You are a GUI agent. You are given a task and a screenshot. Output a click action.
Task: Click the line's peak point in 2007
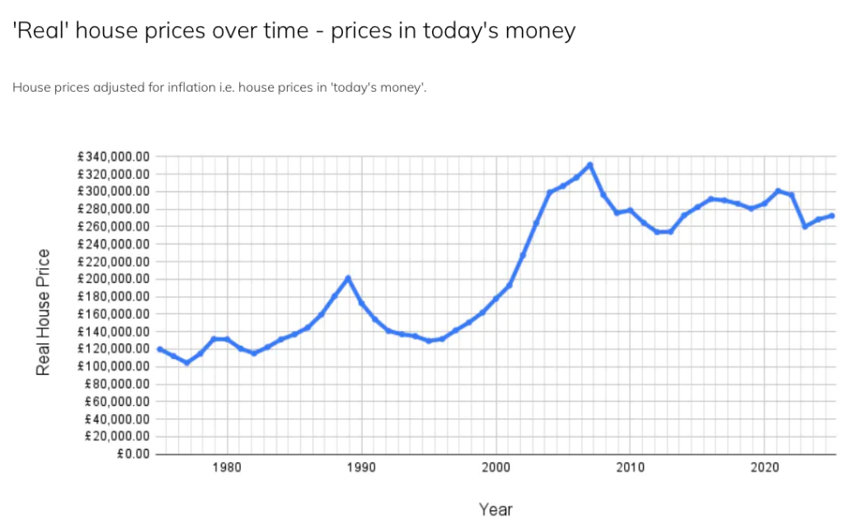pos(590,164)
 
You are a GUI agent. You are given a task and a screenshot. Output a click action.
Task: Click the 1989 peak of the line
pos(348,278)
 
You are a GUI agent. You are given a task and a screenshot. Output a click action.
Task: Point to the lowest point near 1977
pos(187,362)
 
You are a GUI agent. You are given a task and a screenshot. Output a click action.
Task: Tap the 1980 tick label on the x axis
pos(227,467)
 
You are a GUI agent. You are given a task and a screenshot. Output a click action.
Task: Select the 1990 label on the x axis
pos(361,467)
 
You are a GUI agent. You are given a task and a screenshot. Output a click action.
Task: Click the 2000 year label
pos(496,467)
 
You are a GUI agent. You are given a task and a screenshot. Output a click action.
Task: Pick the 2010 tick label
pos(630,467)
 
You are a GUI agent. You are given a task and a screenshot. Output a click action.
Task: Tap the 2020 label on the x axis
pos(764,467)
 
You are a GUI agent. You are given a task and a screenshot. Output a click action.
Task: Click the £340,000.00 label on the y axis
pos(114,156)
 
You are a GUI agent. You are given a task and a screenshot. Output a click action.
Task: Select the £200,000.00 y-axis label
pos(114,279)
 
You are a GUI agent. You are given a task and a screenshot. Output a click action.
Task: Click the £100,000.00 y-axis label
pos(114,366)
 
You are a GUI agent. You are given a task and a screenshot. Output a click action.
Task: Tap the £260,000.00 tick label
pos(114,226)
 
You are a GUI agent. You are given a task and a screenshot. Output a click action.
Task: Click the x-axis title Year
pos(495,509)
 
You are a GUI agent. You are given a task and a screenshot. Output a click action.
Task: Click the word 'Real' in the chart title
pos(38,31)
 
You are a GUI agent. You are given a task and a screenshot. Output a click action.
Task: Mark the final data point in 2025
pos(832,216)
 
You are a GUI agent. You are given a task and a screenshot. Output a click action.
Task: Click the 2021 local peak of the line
pos(778,190)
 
